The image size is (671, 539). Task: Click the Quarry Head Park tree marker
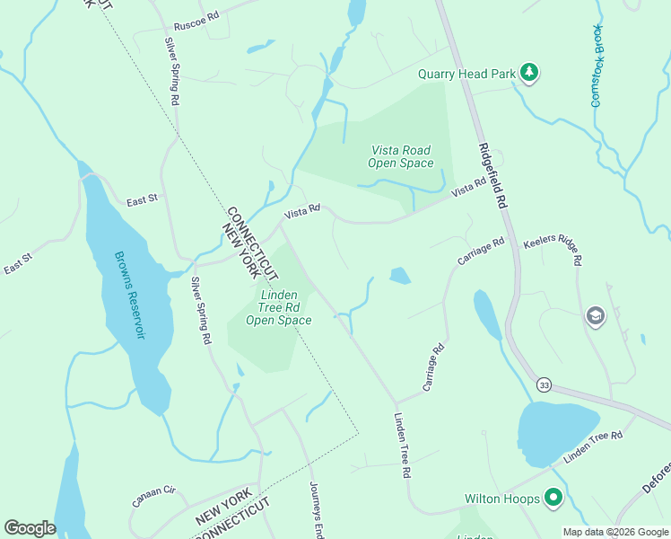[x=529, y=73]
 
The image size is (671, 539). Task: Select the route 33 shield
[x=544, y=384]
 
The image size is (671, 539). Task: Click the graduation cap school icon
[x=594, y=316]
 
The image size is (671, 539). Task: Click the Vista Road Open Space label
[x=400, y=157]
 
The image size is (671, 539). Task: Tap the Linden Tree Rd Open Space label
[x=278, y=307]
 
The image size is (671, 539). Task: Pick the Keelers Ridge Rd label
[x=553, y=251]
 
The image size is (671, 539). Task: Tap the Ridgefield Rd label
[x=492, y=176]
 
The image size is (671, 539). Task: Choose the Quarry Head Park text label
[x=466, y=74]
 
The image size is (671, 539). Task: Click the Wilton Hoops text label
[x=501, y=498]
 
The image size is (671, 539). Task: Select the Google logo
[x=30, y=527]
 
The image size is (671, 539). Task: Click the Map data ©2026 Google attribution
[x=614, y=531]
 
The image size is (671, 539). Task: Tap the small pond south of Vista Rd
[x=399, y=276]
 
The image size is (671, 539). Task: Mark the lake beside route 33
[x=556, y=429]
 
